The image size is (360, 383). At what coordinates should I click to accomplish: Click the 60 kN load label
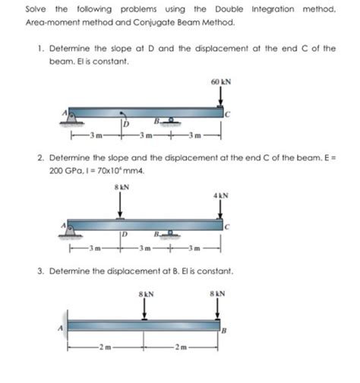[x=221, y=82]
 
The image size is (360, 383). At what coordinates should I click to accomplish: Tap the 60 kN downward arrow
[x=220, y=97]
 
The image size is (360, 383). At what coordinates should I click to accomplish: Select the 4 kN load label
[x=221, y=195]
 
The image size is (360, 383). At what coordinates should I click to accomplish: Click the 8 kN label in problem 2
[x=122, y=187]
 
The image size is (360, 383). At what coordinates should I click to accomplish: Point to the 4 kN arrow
[x=220, y=209]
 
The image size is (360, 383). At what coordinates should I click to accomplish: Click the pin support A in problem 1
[x=71, y=119]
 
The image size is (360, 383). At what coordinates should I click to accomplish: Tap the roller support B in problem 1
[x=171, y=121]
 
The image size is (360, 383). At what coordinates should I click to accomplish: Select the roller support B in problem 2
[x=170, y=233]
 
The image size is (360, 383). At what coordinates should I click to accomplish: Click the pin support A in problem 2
[x=71, y=231]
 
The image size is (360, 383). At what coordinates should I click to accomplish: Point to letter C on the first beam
[x=228, y=115]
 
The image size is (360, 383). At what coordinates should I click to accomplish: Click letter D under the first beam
[x=126, y=124]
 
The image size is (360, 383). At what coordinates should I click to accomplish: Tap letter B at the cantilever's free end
[x=224, y=331]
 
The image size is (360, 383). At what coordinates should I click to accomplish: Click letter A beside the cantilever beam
[x=60, y=328]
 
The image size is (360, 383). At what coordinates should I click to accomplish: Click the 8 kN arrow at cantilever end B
[x=217, y=309]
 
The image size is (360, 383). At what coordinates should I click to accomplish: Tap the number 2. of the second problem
[x=41, y=158]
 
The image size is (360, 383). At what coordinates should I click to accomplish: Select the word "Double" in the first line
[x=229, y=9]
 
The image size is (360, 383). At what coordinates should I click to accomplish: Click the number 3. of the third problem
[x=41, y=271]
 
